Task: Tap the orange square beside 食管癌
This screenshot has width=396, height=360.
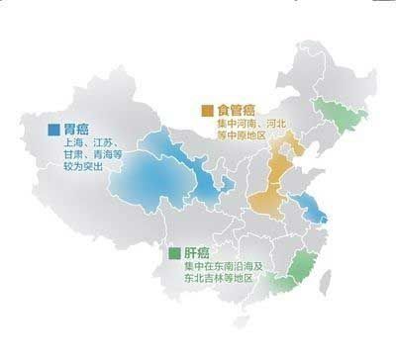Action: point(206,109)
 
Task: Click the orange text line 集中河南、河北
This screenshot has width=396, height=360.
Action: point(251,124)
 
